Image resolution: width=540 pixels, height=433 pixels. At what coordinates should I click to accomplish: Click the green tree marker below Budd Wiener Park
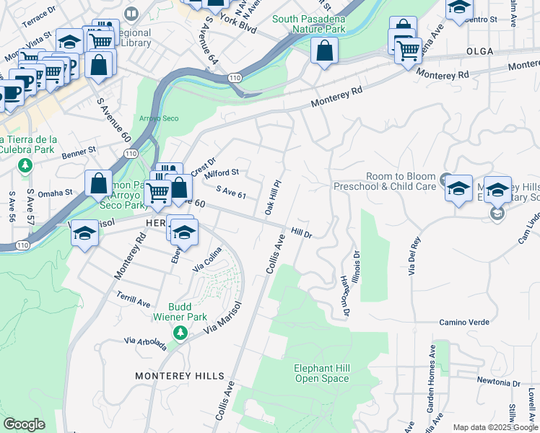[180, 333]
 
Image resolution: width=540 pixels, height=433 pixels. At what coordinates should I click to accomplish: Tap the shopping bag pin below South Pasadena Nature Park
[324, 51]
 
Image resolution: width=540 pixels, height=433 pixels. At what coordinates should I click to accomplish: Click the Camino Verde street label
[463, 323]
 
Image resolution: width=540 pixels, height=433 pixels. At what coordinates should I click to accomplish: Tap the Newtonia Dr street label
[498, 380]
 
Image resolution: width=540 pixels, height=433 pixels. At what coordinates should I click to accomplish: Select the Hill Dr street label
[301, 234]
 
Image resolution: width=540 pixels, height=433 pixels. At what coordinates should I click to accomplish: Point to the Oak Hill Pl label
[272, 197]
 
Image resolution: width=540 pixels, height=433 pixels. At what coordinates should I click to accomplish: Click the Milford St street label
[222, 173]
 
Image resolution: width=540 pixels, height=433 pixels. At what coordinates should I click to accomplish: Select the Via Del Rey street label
[414, 258]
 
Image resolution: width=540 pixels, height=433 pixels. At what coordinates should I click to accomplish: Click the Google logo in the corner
[24, 424]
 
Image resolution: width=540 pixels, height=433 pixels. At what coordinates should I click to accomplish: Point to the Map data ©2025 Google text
[495, 427]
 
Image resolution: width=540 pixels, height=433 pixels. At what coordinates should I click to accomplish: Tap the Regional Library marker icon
[131, 13]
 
